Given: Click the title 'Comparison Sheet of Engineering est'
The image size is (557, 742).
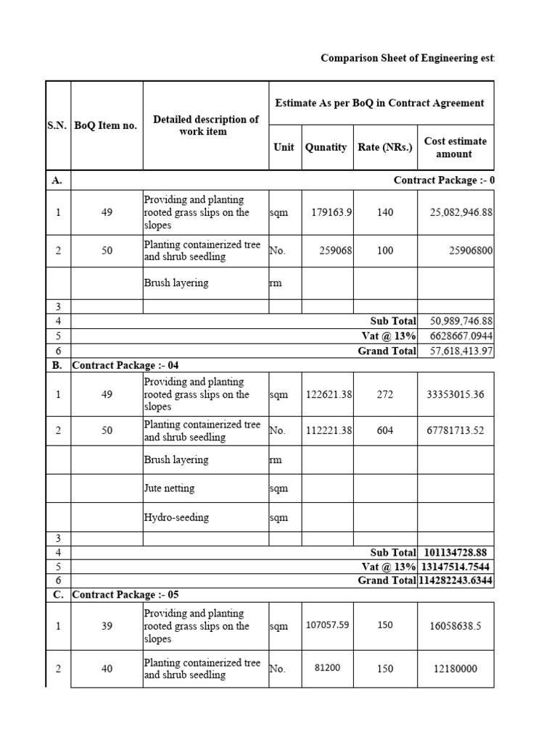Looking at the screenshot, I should tap(407, 58).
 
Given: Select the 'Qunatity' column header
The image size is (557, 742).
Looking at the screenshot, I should tap(326, 147).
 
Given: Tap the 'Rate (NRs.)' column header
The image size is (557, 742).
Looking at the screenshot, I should tap(385, 147).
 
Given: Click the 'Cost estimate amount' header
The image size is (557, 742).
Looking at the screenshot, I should tap(455, 147).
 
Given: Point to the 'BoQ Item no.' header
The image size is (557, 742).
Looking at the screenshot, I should tap(106, 125).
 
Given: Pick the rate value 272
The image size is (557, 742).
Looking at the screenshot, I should tap(385, 395).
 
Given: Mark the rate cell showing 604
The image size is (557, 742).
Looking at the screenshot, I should tap(385, 430).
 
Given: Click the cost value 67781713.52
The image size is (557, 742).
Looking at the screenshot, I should tap(455, 430).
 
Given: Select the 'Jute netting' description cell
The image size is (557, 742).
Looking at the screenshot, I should tap(169, 488).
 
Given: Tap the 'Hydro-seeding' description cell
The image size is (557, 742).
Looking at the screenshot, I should tap(176, 517).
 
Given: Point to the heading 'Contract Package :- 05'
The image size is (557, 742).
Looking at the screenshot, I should tap(125, 594).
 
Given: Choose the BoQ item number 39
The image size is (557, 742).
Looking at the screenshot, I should tap(107, 626).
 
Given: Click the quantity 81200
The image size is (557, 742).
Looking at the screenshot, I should tap(326, 668).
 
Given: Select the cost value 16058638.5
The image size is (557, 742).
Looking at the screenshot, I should tap(455, 626).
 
